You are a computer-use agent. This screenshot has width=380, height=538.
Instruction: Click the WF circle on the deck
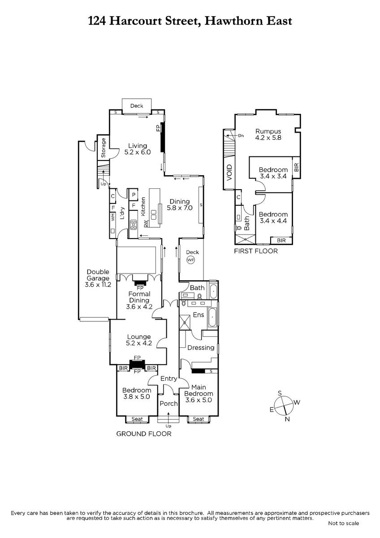190,260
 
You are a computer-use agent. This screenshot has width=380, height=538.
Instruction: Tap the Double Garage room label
98,278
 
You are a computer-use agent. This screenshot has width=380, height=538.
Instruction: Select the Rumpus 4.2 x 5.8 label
268,134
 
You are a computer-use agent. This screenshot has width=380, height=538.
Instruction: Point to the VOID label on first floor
230,173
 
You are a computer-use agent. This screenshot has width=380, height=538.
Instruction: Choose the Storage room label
103,148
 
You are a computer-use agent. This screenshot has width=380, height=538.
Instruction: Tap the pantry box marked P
134,195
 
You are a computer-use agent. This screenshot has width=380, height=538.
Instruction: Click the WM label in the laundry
112,218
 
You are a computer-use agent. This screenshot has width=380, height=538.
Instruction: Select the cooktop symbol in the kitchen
134,225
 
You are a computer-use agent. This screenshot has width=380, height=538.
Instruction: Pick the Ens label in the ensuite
199,315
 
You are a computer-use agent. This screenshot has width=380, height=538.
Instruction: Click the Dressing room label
201,348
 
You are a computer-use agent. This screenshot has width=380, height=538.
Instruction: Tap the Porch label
168,403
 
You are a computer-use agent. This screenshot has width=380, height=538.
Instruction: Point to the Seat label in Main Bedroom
198,419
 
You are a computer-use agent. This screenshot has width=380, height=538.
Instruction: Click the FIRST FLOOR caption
256,251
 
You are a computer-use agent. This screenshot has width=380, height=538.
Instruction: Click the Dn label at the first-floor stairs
241,136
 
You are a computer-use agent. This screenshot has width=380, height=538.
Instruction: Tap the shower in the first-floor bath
245,239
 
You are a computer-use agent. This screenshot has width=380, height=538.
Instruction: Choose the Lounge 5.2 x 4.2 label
139,340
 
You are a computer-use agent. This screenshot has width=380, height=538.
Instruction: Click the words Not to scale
343,523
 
